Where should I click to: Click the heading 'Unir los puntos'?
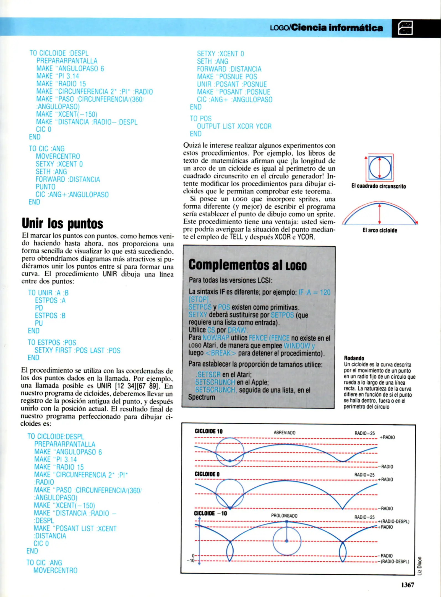(x=62, y=223)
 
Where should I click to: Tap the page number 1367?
(x=408, y=585)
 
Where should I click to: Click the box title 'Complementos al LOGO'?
(x=247, y=265)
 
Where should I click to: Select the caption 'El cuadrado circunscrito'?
(x=379, y=186)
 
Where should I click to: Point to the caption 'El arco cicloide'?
(x=380, y=230)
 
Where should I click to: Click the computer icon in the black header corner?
(x=405, y=28)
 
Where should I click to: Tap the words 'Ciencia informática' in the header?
(x=337, y=27)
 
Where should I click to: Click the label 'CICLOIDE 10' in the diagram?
(x=208, y=431)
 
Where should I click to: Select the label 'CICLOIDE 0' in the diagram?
(x=207, y=474)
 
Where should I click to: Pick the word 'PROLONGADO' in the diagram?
(x=284, y=516)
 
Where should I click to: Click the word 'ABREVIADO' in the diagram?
(x=285, y=433)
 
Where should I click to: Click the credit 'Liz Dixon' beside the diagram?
(x=420, y=565)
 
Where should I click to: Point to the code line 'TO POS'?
(x=200, y=119)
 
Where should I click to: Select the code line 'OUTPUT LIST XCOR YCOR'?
(x=234, y=126)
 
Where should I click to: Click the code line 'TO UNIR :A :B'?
(x=48, y=293)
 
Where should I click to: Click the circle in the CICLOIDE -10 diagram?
(x=287, y=541)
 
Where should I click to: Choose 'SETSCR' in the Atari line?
(x=208, y=375)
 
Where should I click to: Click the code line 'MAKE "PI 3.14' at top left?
(x=58, y=76)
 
